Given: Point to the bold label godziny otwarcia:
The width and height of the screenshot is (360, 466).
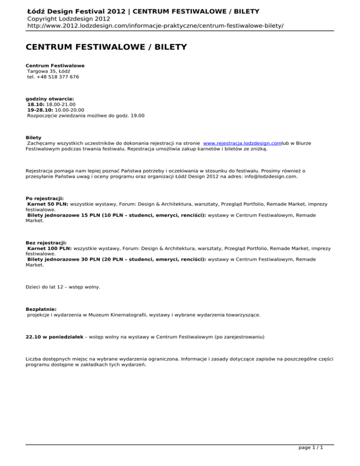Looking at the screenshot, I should coord(49,99).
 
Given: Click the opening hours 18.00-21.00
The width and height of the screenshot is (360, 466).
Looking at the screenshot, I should coord(56,105).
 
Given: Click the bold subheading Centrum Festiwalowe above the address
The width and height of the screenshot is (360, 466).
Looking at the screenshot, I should coord(55,65).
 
